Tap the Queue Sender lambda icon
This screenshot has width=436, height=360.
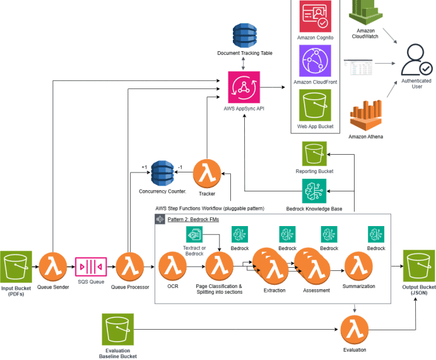tap(53, 267)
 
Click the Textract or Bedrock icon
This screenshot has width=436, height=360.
tap(195, 234)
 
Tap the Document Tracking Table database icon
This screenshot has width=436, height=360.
tap(244, 35)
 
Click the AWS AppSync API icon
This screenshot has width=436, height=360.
tap(244, 87)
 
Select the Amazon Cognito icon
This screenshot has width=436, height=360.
tap(315, 16)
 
